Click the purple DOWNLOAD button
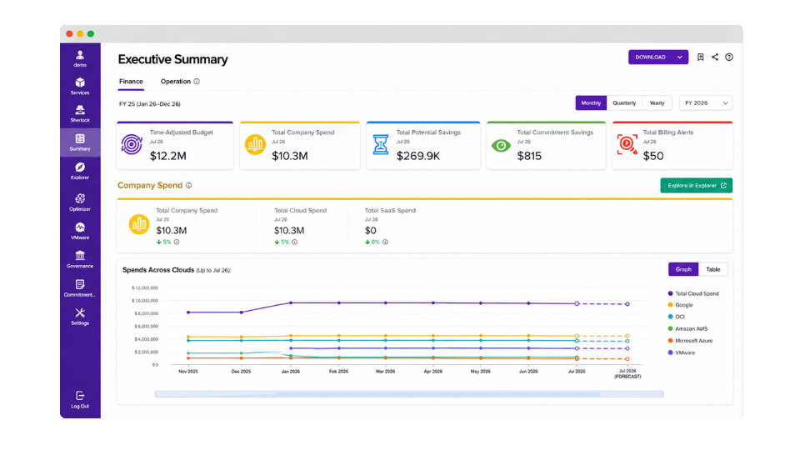click(658, 57)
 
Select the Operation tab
click(176, 82)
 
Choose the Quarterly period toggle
click(624, 103)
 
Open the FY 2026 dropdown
click(706, 103)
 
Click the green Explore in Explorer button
click(697, 186)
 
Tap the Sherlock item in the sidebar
click(80, 114)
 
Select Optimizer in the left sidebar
click(80, 202)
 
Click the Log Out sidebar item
click(80, 399)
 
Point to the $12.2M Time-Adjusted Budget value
click(167, 156)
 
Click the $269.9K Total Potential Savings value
click(418, 156)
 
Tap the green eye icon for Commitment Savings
click(501, 146)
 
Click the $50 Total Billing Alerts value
click(653, 156)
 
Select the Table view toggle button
click(713, 269)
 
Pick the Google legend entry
click(681, 305)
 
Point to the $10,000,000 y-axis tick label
click(145, 301)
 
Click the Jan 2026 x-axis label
click(291, 372)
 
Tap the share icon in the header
click(715, 57)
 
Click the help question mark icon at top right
click(729, 57)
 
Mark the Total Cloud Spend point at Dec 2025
click(242, 312)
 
